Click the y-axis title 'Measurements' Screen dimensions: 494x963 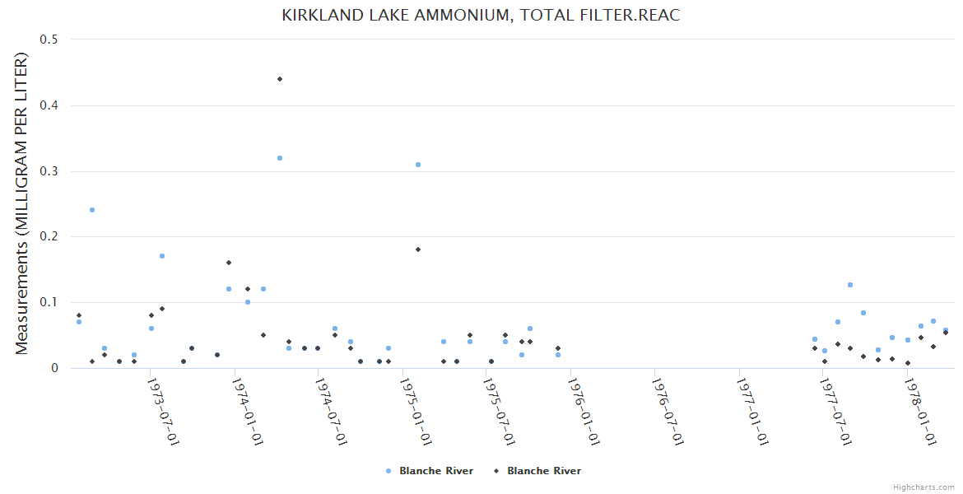[22, 203]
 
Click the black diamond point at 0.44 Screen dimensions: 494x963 [280, 79]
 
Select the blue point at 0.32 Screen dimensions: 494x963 [280, 158]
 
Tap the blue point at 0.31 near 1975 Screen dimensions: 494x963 [418, 165]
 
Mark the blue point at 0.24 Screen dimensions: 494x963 [92, 210]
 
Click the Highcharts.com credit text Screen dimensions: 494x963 [923, 487]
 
